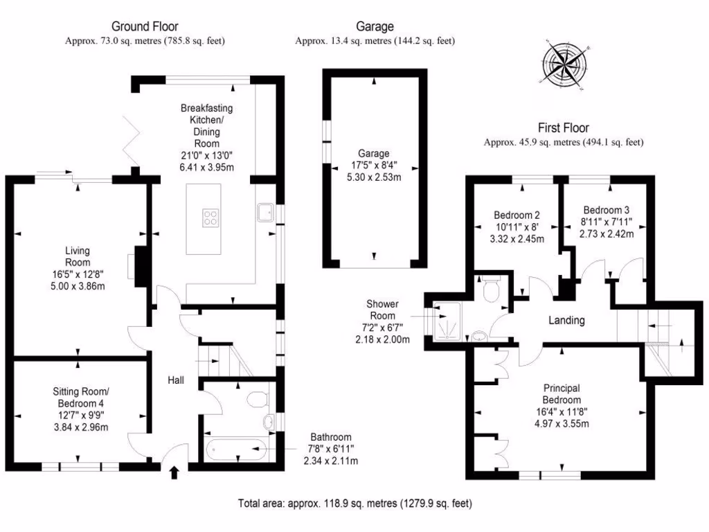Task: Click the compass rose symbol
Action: (566, 66)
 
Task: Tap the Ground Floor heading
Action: (145, 27)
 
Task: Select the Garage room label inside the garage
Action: (373, 153)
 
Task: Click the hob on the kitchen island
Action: (210, 218)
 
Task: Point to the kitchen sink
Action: (264, 211)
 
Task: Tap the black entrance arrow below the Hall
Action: (173, 473)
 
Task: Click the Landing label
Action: (566, 320)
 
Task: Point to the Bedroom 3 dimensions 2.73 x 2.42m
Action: (607, 233)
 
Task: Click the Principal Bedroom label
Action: (562, 394)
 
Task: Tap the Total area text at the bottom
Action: (354, 503)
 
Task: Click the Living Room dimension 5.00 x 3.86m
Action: (78, 285)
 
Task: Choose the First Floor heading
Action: (564, 128)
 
